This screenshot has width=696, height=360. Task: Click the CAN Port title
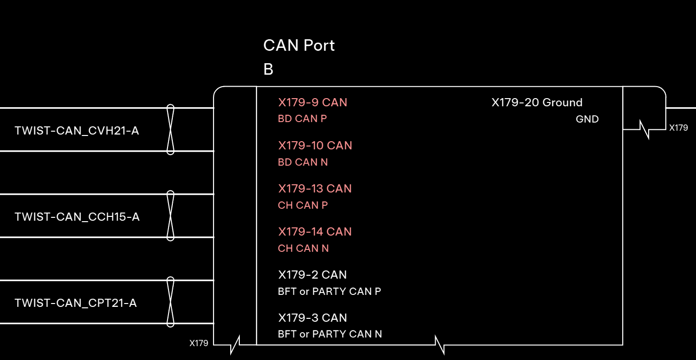(299, 45)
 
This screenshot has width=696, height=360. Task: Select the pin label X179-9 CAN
(313, 102)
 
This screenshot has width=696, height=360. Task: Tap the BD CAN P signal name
(303, 119)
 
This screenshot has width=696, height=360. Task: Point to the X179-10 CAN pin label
(315, 146)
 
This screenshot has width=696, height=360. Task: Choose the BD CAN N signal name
(303, 162)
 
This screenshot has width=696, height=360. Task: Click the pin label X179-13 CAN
(315, 189)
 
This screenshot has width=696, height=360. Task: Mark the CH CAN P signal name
(303, 205)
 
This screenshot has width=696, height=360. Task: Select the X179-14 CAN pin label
(315, 232)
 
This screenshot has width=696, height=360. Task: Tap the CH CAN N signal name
(303, 248)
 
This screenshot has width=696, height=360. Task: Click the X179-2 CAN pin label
(312, 275)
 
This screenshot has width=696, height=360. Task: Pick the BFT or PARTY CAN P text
(329, 292)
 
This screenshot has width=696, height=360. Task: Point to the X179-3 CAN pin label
(312, 318)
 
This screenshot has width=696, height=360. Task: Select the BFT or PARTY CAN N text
(330, 334)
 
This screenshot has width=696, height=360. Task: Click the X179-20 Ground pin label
(537, 102)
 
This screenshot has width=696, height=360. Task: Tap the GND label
(587, 119)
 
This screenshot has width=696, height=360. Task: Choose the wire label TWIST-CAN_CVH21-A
(77, 131)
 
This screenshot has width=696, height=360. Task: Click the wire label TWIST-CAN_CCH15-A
(77, 217)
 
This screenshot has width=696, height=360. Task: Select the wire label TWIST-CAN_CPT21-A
(76, 303)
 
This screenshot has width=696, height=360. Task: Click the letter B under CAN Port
(268, 69)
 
